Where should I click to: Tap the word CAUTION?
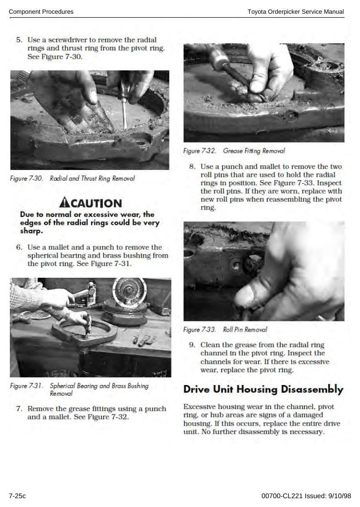click(96, 203)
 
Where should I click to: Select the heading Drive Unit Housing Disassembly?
click(263, 389)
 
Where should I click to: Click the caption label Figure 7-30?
click(26, 178)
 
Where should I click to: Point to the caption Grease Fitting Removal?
click(254, 151)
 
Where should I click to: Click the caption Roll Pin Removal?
click(245, 330)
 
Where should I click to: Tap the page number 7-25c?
click(18, 496)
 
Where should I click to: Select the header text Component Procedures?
click(41, 12)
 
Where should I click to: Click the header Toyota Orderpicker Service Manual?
click(296, 12)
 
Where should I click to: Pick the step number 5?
click(19, 40)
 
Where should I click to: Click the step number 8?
click(192, 167)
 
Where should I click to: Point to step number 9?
click(192, 345)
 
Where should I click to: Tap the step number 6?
click(19, 247)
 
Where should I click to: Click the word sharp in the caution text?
click(31, 231)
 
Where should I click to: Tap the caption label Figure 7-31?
click(26, 386)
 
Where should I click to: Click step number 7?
click(19, 409)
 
